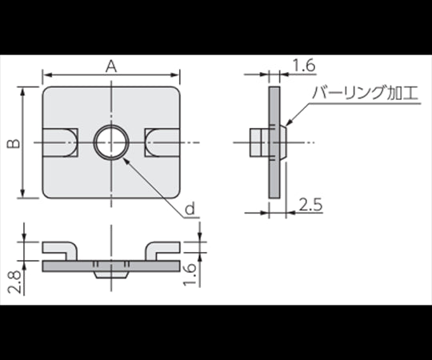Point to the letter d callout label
pyautogui.click(x=190, y=210)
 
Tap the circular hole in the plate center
pyautogui.click(x=110, y=143)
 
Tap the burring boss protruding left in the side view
pyautogui.click(x=258, y=143)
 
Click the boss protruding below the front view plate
pyautogui.click(x=110, y=273)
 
